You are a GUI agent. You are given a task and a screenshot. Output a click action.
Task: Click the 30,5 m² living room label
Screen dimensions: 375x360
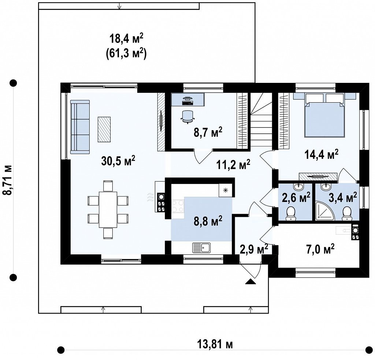pyautogui.click(x=118, y=161)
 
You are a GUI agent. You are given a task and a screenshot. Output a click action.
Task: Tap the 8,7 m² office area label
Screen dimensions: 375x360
pyautogui.click(x=208, y=132)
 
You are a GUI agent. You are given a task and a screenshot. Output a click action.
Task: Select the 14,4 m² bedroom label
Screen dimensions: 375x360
pyautogui.click(x=321, y=154)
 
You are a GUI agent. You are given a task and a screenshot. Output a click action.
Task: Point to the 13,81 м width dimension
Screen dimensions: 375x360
pyautogui.click(x=215, y=345)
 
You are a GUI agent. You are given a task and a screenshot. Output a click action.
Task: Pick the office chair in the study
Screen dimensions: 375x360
pyautogui.click(x=187, y=117)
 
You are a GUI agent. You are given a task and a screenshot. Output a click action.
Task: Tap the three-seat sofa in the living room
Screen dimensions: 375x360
pyautogui.click(x=80, y=126)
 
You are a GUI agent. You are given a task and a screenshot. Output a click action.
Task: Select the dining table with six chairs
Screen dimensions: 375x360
pyautogui.click(x=108, y=210)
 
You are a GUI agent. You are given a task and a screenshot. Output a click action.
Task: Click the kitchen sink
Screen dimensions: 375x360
pyautogui.click(x=201, y=248)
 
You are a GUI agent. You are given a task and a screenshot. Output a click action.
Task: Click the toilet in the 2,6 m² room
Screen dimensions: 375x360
pyautogui.click(x=290, y=213)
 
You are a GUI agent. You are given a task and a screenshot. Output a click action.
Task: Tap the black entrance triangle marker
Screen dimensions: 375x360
pyautogui.click(x=250, y=282)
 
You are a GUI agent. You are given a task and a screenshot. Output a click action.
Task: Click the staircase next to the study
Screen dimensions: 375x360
pyautogui.click(x=261, y=120)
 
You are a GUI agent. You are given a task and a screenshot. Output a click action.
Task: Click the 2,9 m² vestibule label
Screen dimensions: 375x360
pyautogui.click(x=253, y=250)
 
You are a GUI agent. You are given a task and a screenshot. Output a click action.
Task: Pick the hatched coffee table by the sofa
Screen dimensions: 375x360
pyautogui.click(x=104, y=129)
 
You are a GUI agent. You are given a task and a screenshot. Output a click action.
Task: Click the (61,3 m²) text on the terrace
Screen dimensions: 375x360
pyautogui.click(x=125, y=54)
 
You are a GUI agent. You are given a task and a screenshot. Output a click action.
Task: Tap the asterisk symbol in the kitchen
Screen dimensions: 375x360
pyautogui.click(x=225, y=191)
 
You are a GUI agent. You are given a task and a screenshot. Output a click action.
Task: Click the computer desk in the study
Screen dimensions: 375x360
pyautogui.click(x=188, y=100)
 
